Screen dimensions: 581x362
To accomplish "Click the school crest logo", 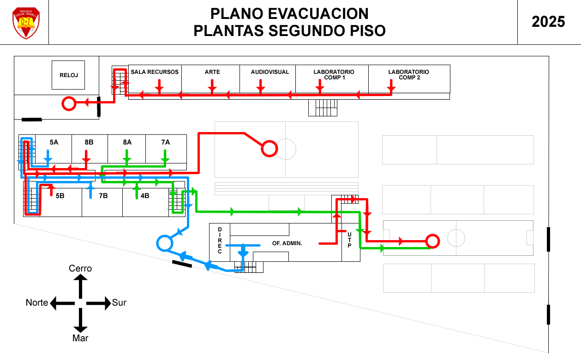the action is [x=26, y=23].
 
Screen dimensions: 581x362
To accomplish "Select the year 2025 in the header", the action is [x=548, y=22].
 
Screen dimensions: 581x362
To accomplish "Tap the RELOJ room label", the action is [x=68, y=75].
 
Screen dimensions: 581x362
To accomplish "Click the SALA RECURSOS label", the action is [x=155, y=72].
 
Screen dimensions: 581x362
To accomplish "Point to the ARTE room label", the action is [x=212, y=72].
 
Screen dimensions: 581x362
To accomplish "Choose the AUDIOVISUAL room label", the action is [x=270, y=72].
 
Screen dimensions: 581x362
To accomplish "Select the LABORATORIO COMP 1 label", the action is [x=334, y=75].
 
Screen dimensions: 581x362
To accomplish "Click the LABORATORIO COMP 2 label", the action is [x=408, y=75].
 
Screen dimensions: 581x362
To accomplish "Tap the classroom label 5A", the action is [x=54, y=142].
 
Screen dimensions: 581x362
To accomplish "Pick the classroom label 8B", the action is [x=89, y=142].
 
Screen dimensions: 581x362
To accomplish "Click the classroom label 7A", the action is [x=166, y=142].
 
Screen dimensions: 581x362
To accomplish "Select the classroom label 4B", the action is [x=145, y=196].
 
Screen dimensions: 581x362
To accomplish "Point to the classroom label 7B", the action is [x=103, y=196].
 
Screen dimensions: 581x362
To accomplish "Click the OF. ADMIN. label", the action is [x=287, y=243].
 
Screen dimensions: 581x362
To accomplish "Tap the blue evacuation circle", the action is [x=165, y=243].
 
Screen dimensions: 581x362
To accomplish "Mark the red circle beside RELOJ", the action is [x=69, y=104].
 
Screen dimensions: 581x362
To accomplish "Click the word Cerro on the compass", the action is [x=80, y=268].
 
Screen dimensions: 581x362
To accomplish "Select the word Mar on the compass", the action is [x=80, y=338].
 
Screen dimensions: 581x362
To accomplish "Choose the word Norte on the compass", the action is [x=37, y=303].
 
